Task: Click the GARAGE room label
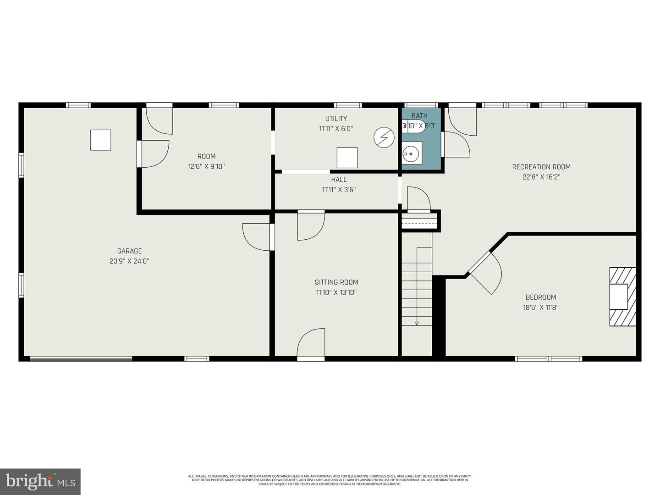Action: (x=129, y=251)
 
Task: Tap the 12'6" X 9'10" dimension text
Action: (x=206, y=166)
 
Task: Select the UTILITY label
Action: (x=336, y=119)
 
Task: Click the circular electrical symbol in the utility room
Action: (x=384, y=137)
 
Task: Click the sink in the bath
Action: (x=412, y=153)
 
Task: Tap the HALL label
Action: (x=339, y=180)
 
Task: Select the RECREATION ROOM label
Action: (x=541, y=167)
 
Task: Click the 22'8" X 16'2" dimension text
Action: (x=541, y=177)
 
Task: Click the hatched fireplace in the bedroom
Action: (x=622, y=297)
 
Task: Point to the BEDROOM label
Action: (x=541, y=297)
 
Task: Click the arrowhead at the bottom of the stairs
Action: (x=417, y=323)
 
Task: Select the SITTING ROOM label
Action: (x=336, y=282)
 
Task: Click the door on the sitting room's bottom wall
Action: (x=311, y=344)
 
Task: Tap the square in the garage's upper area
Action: (x=100, y=140)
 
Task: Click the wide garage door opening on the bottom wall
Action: (x=81, y=358)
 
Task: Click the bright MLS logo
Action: (x=40, y=481)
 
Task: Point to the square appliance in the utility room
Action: (x=347, y=158)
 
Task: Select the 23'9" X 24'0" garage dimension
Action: (x=129, y=261)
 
